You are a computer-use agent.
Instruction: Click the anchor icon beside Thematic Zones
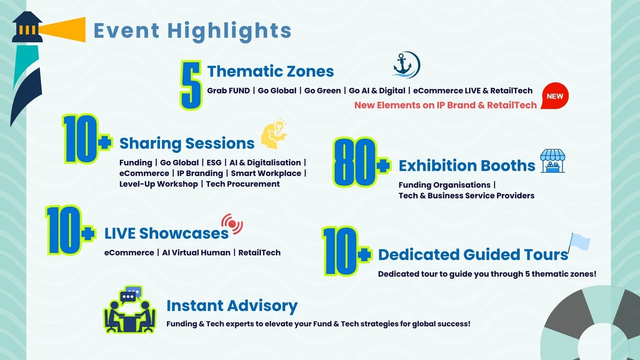coord(406,65)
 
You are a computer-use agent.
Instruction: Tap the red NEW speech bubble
coord(555,95)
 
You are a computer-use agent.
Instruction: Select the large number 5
coord(191,85)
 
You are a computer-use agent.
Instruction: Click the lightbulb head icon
coord(274,134)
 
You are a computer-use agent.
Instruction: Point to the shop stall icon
coord(553,161)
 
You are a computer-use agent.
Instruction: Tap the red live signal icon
coord(232,223)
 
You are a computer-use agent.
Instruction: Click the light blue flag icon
coord(579,242)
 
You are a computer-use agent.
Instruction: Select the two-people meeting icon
coord(130,309)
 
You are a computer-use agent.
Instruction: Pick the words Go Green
coord(322,91)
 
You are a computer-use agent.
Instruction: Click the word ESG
coord(214,163)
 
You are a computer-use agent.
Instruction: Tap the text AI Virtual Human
coord(196,253)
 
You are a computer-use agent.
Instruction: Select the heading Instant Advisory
coord(232,306)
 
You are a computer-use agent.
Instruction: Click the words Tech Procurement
coord(243,184)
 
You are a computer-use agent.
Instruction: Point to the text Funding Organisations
coord(444,185)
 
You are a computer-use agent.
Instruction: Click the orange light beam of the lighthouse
coord(62,29)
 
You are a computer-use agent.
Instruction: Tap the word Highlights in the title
coord(229,31)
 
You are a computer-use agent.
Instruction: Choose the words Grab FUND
coord(228,91)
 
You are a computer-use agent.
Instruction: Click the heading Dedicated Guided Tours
coord(473,254)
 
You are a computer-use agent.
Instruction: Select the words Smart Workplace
coord(266,173)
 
